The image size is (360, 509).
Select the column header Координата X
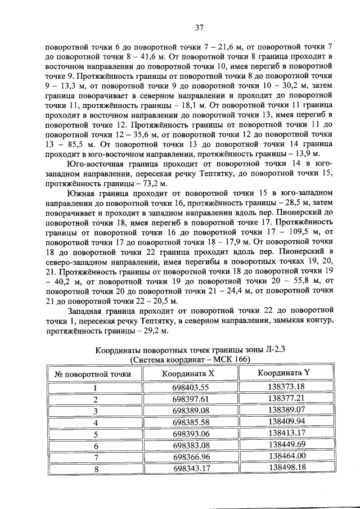[188, 373]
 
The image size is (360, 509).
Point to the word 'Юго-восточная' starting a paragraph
[94, 163]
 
